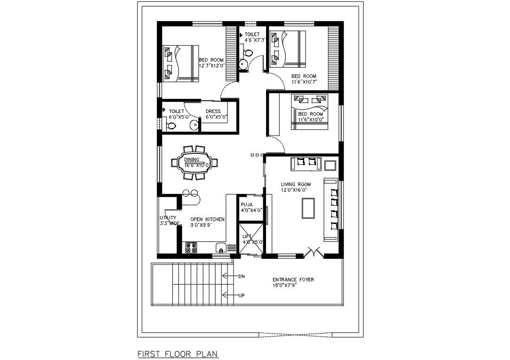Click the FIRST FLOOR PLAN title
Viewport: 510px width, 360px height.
point(178,353)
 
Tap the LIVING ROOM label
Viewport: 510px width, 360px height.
point(296,184)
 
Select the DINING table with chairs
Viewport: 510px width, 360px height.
point(194,162)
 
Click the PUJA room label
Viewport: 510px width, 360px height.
point(247,205)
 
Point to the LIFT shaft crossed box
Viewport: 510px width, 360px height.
point(251,238)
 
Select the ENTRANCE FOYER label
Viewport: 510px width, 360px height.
point(293,280)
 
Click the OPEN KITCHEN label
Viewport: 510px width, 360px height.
point(207,219)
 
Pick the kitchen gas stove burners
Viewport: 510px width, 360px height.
point(191,248)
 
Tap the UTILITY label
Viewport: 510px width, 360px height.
point(168,218)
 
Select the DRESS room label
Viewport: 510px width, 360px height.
point(213,111)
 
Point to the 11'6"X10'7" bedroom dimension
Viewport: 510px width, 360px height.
point(304,81)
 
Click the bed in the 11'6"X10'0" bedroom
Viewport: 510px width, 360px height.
point(310,112)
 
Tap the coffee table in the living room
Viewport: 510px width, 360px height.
point(308,208)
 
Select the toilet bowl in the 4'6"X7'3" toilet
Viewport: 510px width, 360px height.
point(248,53)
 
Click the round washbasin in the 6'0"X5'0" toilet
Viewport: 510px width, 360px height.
point(194,124)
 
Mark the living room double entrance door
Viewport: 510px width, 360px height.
point(314,252)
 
